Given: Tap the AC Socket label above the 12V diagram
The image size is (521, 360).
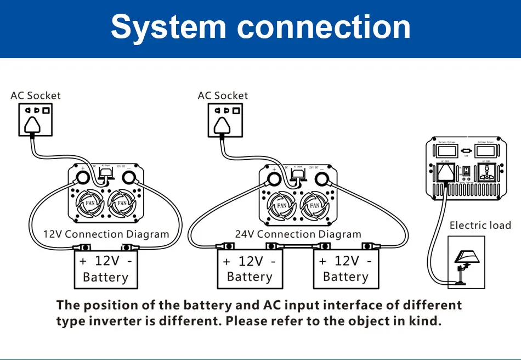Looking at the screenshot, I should pyautogui.click(x=36, y=95).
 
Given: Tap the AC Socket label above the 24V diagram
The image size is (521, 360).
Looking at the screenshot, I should pyautogui.click(x=223, y=95).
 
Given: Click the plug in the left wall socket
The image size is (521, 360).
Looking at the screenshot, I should pyautogui.click(x=33, y=126).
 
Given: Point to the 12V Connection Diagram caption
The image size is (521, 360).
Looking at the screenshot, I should pyautogui.click(x=106, y=234).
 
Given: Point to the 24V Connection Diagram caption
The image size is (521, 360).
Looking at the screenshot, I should pyautogui.click(x=298, y=234).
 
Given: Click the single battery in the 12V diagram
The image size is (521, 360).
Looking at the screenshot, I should pyautogui.click(x=105, y=269).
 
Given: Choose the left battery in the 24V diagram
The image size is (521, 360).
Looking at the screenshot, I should pyautogui.click(x=250, y=269).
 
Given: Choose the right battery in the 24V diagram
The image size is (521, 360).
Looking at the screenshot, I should pyautogui.click(x=346, y=269).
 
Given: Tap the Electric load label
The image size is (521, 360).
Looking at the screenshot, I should pyautogui.click(x=480, y=226).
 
